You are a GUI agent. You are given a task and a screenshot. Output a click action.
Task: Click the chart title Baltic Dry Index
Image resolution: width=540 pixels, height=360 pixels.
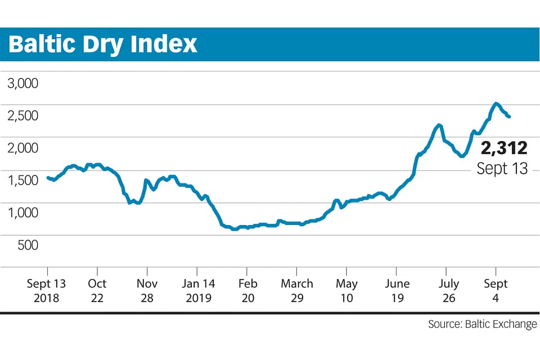pos(103,44)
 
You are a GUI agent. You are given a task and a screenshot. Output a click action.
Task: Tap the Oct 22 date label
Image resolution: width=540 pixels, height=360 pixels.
pos(97,290)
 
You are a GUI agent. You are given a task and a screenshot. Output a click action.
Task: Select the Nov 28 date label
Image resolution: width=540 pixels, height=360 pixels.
pos(147,290)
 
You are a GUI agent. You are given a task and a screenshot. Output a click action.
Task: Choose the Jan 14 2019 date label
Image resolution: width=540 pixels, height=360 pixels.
pos(197,290)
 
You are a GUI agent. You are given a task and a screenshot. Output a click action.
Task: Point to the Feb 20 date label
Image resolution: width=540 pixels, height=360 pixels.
pos(247,290)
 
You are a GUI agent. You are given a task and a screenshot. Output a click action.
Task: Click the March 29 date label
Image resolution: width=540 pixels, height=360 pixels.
pos(297,290)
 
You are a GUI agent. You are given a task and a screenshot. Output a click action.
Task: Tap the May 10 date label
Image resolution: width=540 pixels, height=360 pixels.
pos(347,290)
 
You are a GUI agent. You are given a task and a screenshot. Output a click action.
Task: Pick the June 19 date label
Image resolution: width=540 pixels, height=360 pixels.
pos(397,290)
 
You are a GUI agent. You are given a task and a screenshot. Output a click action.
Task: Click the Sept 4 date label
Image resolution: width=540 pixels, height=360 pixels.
pos(496,290)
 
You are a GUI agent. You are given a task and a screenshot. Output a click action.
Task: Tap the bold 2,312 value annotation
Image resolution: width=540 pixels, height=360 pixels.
pos(503,148)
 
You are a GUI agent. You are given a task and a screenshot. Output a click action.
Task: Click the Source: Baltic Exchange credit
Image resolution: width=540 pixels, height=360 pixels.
pos(482,325)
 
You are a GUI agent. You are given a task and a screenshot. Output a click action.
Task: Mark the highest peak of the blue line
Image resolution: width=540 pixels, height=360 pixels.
pos(496,103)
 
